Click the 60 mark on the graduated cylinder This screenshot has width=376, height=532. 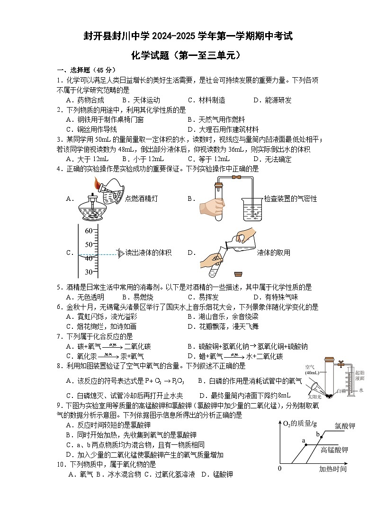pyautogui.click(x=89, y=231)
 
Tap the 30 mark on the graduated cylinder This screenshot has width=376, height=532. pyautogui.click(x=89, y=272)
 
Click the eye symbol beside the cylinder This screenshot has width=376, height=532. pyautogui.click(x=120, y=253)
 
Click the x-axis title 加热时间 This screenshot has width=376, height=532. pyautogui.click(x=332, y=469)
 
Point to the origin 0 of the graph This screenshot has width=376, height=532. pyautogui.click(x=280, y=469)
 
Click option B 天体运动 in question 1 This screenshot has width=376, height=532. pyautogui.click(x=141, y=100)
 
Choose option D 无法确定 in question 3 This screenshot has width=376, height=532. pyautogui.click(x=272, y=159)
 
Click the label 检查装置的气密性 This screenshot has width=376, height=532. pyautogui.click(x=290, y=198)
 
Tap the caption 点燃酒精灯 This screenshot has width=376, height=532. pyautogui.click(x=141, y=199)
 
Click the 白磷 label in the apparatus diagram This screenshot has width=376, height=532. pyautogui.click(x=340, y=391)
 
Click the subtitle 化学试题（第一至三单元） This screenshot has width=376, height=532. pyautogui.click(x=188, y=56)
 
